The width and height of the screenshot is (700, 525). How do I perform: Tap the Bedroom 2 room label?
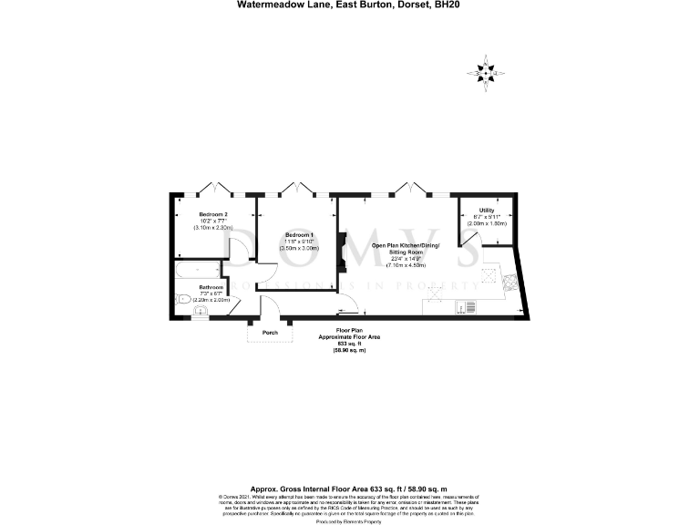(x=213, y=214)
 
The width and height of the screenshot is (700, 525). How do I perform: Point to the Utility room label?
(x=487, y=210)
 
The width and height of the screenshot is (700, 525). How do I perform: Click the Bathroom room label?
(x=211, y=287)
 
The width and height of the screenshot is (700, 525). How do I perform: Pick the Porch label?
(x=270, y=333)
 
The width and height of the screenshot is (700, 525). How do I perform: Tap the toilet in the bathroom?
(x=181, y=298)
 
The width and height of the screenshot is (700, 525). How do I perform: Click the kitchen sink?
(x=471, y=308)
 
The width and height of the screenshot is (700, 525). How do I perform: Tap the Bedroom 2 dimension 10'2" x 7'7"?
(x=213, y=221)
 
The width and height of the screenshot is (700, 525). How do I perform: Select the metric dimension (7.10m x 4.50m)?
(x=406, y=264)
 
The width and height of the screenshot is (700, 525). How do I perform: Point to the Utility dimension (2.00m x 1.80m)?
(x=487, y=222)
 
